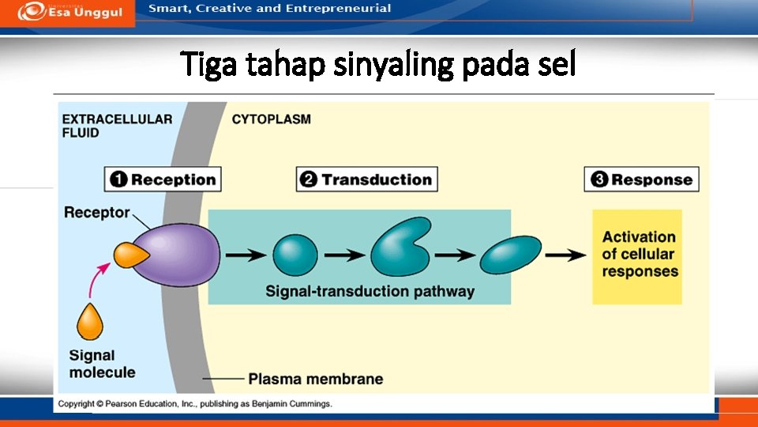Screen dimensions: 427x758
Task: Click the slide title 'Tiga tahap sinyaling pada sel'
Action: (378, 64)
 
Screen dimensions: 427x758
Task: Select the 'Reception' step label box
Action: (163, 179)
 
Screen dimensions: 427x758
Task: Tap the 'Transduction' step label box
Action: (366, 179)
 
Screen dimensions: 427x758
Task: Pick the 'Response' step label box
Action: (641, 179)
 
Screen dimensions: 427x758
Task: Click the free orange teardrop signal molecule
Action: (90, 323)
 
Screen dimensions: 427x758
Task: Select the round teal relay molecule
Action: (295, 255)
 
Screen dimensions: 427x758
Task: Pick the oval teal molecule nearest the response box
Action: (511, 255)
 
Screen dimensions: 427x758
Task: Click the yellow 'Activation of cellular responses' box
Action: (637, 256)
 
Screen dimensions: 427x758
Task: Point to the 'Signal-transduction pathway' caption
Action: (370, 291)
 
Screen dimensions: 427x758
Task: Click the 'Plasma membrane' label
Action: (315, 379)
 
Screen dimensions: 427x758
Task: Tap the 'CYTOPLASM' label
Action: (271, 119)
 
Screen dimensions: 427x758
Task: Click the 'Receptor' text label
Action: (96, 212)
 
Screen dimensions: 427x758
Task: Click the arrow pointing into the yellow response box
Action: (565, 255)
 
